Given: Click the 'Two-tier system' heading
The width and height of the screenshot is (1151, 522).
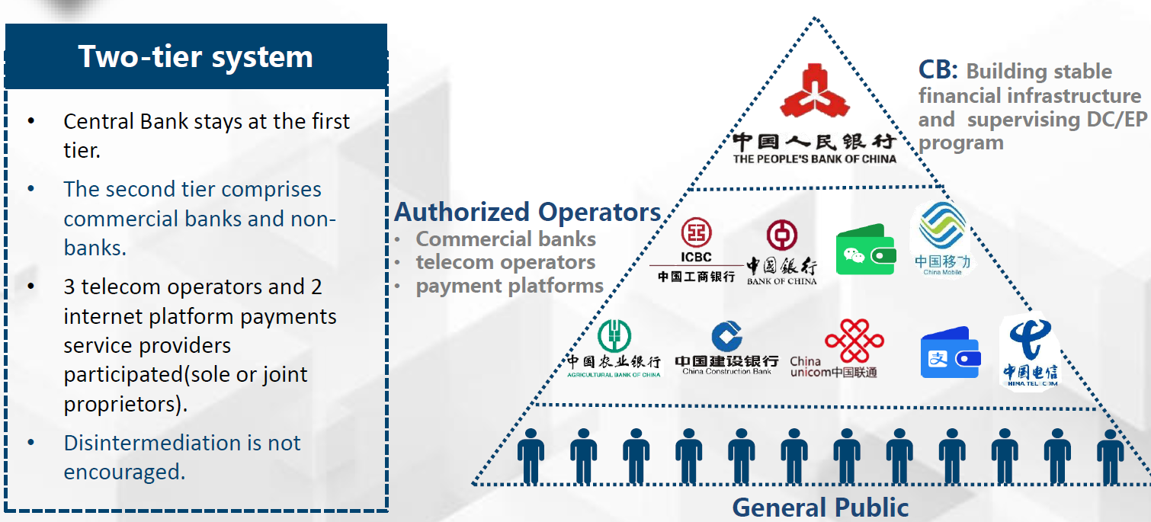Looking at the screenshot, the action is point(195,56).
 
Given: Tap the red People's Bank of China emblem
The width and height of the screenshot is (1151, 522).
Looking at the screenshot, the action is point(814,91).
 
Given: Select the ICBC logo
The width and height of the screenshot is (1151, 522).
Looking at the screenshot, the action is point(696,250).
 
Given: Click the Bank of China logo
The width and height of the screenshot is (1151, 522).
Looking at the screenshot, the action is point(781,252).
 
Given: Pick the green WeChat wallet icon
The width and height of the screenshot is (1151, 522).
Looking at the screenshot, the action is point(866,249).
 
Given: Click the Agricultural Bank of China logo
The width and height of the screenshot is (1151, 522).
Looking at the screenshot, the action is point(614,349).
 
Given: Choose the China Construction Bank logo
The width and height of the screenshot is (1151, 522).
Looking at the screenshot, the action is point(726,347).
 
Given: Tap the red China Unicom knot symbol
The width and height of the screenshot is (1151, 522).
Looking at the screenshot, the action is point(854,340).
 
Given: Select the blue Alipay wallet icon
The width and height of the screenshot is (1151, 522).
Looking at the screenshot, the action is point(951,353).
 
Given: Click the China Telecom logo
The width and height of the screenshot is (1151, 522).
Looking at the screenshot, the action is point(1031,353).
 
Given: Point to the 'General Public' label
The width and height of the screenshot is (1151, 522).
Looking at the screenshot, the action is point(820,508).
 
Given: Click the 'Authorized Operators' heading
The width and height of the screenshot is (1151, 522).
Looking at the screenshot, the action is point(527,212).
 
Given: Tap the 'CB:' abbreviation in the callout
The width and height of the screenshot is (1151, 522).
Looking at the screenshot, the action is point(938,70).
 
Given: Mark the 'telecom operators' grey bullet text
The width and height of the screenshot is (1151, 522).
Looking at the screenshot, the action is point(505,262).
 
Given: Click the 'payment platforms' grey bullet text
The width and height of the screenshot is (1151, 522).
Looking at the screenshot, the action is point(510,287).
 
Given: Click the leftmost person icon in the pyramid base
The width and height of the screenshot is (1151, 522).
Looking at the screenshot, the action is point(531,455).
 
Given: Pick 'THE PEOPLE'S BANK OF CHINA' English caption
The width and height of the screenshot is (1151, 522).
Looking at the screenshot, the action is point(814,159).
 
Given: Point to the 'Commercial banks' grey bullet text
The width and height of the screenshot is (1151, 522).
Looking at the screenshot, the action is point(505,239).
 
